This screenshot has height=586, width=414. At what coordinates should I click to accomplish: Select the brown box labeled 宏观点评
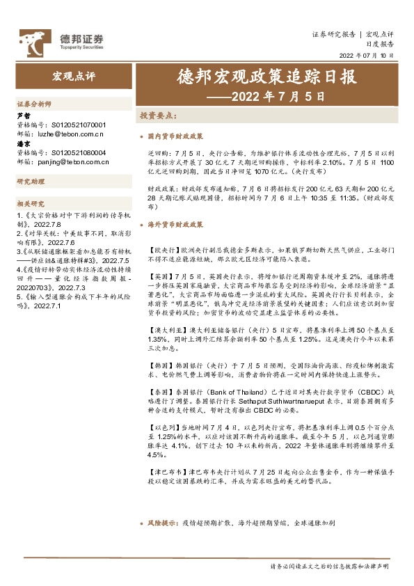tap(74, 75)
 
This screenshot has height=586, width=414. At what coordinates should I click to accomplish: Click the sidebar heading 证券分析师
tap(34, 103)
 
